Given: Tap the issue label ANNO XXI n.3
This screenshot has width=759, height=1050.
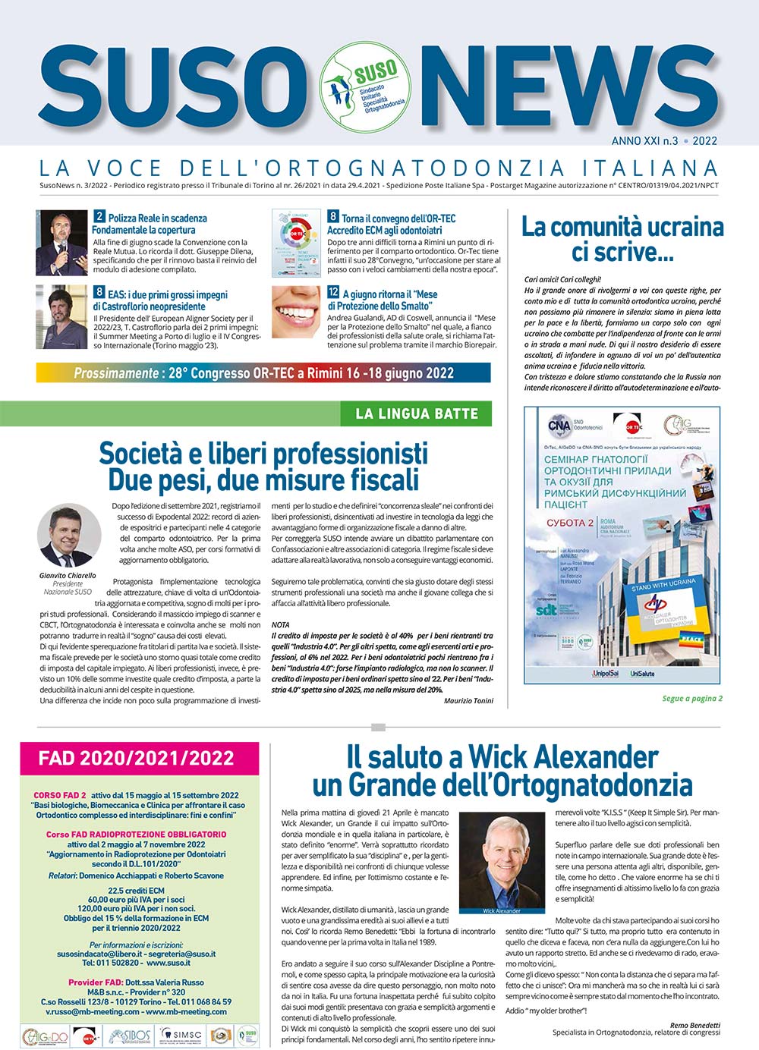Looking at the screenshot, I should coord(645,140).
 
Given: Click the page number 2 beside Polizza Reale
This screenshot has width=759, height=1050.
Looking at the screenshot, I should coord(99,218).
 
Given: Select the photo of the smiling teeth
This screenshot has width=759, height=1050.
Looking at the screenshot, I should coord(296,310).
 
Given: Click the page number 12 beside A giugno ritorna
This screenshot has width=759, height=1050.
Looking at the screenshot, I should coord(333,292).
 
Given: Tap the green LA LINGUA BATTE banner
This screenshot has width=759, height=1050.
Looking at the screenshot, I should coord(417,414).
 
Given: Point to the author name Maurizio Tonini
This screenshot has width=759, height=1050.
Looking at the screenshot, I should coord(468,700).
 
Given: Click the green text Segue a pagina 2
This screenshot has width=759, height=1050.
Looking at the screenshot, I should coord(692,699).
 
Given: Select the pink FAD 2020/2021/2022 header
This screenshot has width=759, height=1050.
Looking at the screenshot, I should coord(136,758).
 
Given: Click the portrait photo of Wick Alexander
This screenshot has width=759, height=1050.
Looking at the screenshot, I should coord(502,863).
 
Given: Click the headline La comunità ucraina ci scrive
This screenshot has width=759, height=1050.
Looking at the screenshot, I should coord(622,238).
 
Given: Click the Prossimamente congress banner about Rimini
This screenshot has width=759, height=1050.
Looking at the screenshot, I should coord(263,373).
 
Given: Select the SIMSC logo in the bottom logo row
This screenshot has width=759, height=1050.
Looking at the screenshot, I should coord(180,1035).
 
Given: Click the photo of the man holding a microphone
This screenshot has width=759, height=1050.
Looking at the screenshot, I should coord(61,243).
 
